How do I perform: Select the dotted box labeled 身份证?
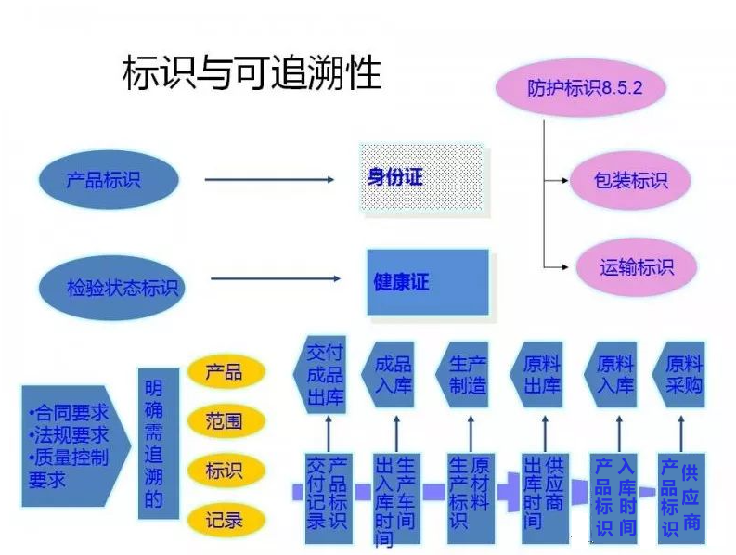click(421, 177)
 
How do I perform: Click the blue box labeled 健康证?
click(426, 281)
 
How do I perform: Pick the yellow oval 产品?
click(224, 372)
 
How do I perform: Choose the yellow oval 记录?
click(224, 520)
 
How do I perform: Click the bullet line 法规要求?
click(69, 434)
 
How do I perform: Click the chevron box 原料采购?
click(681, 375)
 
